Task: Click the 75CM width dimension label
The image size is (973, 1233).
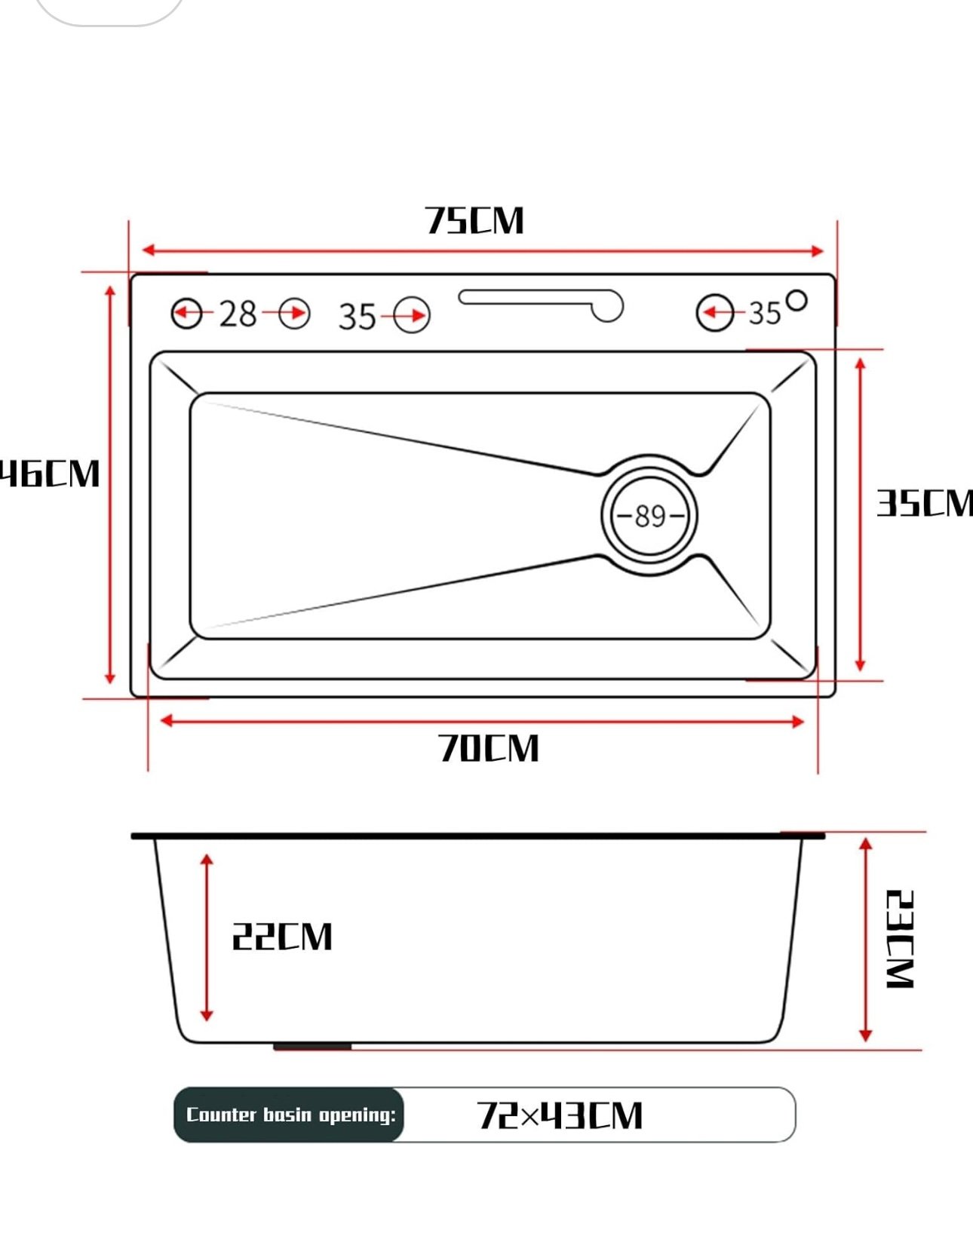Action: click(474, 221)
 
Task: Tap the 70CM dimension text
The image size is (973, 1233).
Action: click(489, 748)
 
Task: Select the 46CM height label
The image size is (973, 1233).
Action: click(50, 474)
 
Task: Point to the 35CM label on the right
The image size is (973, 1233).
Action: click(924, 503)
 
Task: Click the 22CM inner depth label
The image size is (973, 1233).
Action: click(281, 937)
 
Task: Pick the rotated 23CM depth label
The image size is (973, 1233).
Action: click(900, 939)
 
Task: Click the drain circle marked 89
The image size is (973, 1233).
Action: click(649, 516)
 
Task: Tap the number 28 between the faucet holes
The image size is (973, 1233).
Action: click(238, 314)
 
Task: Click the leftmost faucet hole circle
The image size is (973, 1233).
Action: click(187, 314)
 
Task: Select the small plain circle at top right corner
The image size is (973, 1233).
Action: click(797, 300)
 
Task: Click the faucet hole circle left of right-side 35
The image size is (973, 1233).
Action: click(714, 312)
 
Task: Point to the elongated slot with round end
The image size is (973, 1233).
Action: click(541, 302)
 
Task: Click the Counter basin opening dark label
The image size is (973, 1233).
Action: click(290, 1115)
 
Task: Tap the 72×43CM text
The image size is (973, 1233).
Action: click(560, 1115)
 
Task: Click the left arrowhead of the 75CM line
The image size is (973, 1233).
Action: click(148, 250)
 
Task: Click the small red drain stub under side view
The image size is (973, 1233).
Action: click(312, 1047)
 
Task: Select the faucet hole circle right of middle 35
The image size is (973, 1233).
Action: click(412, 315)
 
